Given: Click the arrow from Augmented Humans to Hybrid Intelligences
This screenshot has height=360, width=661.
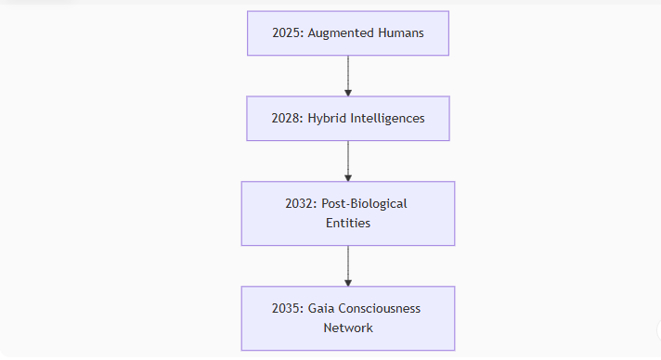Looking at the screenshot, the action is pos(348,76).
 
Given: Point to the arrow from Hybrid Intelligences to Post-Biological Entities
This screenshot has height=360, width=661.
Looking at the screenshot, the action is pos(348,161).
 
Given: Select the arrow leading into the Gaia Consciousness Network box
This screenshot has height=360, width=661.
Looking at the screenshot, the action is pos(348,266).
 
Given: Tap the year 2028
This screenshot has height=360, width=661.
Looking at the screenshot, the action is pos(284,119).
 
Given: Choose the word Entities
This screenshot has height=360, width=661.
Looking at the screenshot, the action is pos(348,224).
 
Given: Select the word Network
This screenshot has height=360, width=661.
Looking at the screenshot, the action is pos(348,328).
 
